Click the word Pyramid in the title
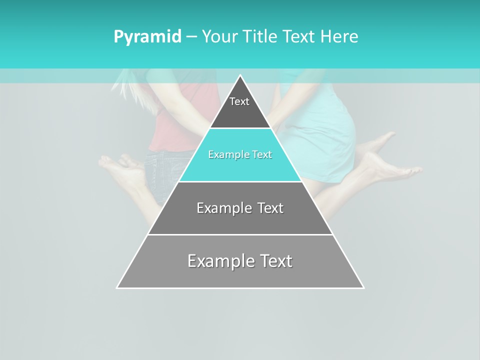click(147, 37)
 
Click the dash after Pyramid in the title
click(191, 37)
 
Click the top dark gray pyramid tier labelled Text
click(239, 107)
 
